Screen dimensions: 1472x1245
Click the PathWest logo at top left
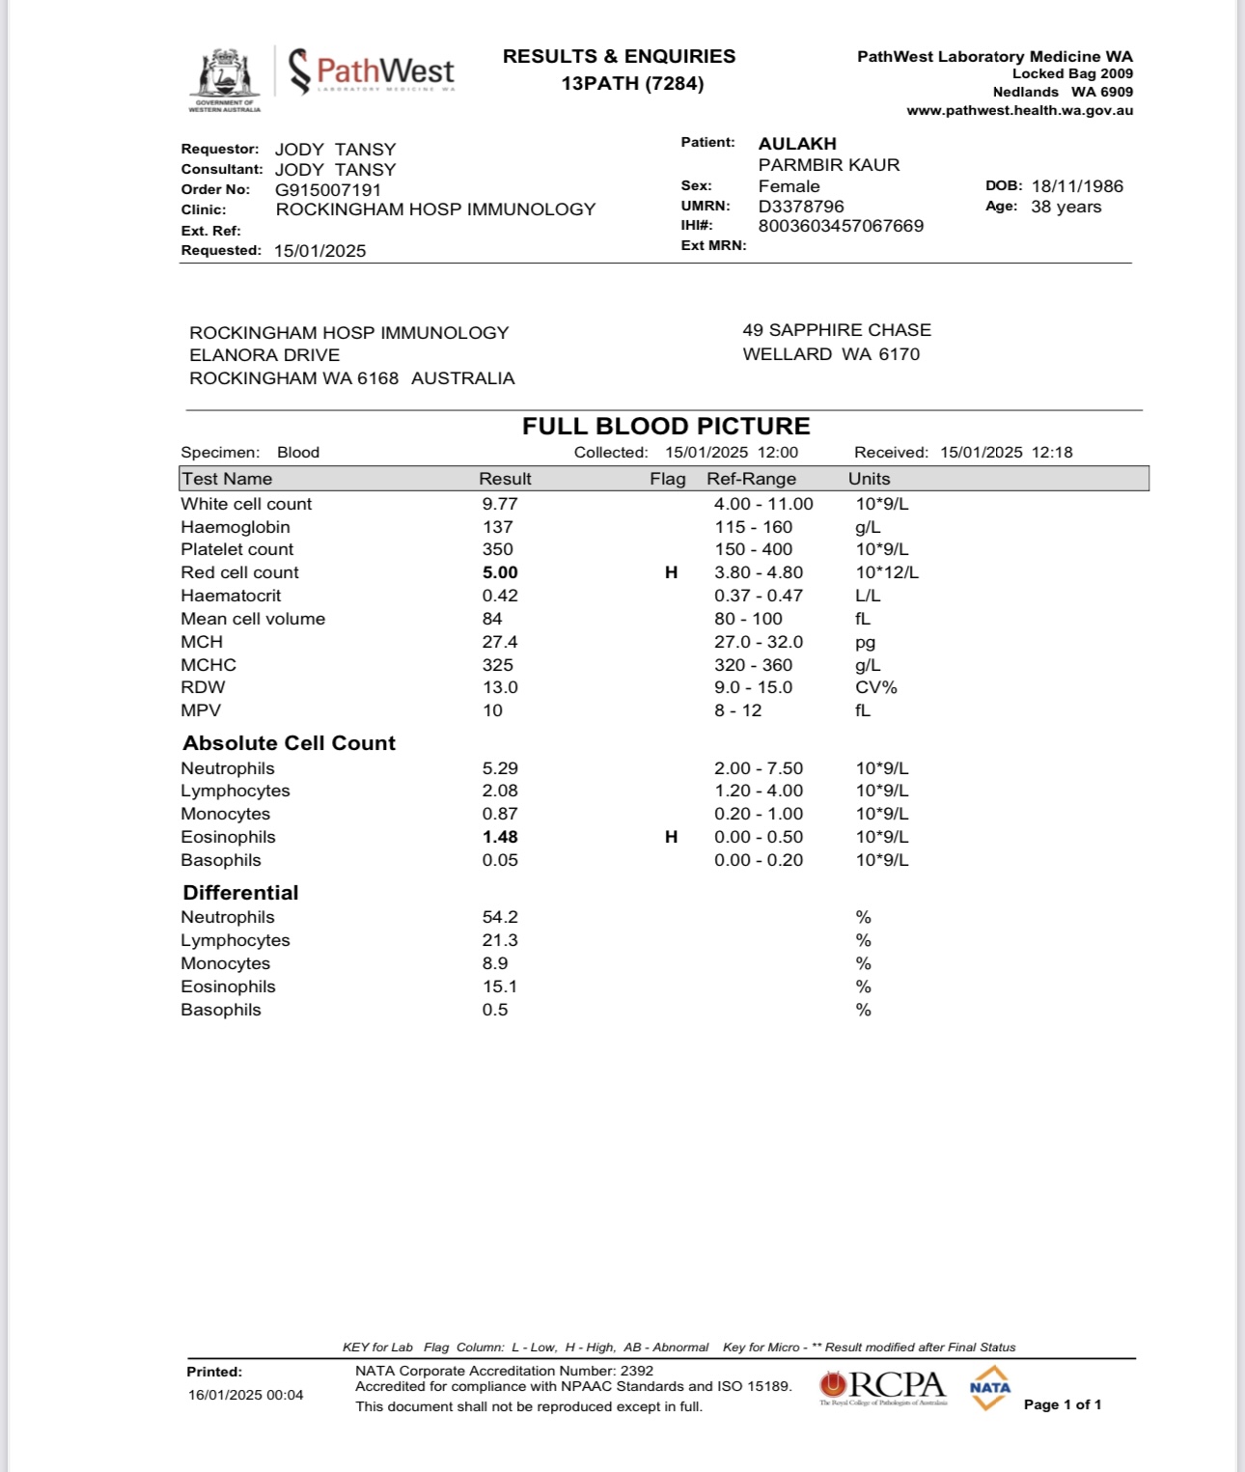click(372, 71)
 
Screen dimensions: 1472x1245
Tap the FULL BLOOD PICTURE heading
click(666, 427)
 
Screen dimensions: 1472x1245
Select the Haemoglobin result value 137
click(498, 527)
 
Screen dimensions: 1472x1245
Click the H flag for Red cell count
click(672, 572)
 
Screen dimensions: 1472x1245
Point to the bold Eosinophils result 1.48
click(500, 837)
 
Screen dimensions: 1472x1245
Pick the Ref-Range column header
click(751, 479)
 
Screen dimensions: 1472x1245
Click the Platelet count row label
click(236, 549)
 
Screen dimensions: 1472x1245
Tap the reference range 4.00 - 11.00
click(763, 504)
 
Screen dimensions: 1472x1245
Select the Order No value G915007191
click(328, 190)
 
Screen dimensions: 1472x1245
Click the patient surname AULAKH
click(797, 144)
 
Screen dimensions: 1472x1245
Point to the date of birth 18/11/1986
click(1077, 186)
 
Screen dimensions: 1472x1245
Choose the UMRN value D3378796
click(801, 207)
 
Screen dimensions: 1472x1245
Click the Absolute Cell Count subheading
click(289, 743)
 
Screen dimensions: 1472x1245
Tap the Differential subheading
click(240, 893)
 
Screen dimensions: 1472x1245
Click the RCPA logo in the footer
click(883, 1387)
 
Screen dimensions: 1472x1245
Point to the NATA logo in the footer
click(989, 1388)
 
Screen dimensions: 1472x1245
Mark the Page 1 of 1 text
click(1062, 1404)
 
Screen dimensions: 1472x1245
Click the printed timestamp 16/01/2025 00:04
click(245, 1395)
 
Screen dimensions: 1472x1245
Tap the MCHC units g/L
click(868, 665)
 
